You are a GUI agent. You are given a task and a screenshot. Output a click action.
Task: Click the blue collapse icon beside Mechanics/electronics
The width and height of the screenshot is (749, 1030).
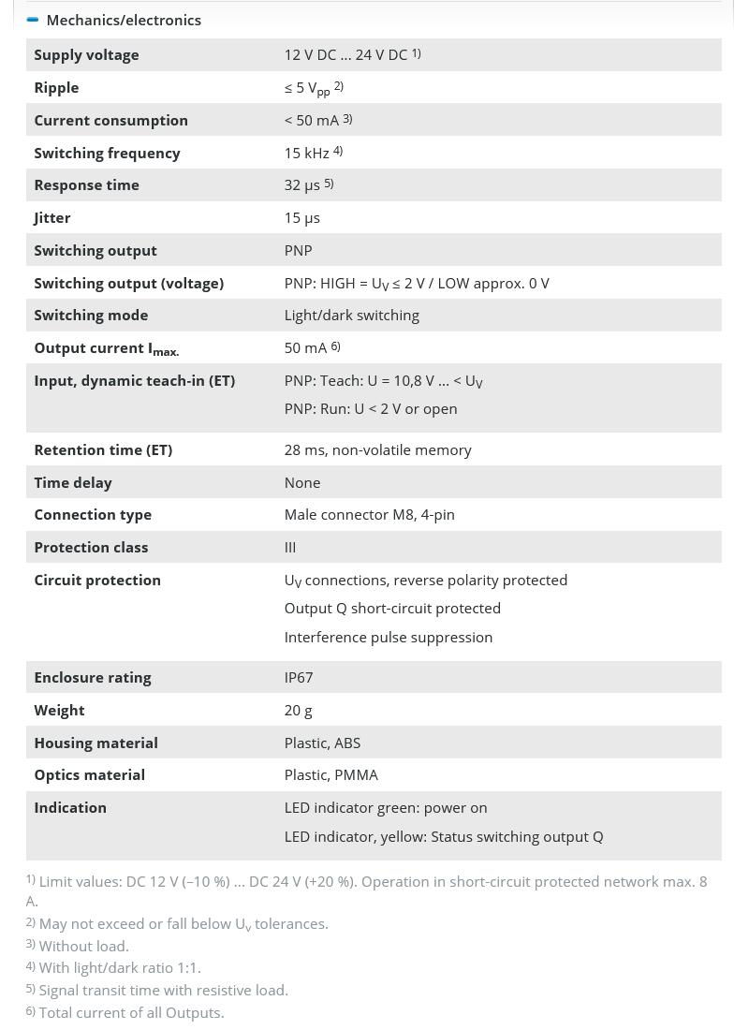33,20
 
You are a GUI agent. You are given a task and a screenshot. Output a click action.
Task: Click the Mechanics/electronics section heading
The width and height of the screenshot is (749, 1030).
124,20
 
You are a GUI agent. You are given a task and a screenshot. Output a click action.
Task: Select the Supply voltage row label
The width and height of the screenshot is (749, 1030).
86,54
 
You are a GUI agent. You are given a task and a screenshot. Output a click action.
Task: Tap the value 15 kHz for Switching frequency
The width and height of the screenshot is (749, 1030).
306,153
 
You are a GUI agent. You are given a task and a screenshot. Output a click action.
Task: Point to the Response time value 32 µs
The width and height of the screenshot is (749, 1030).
301,184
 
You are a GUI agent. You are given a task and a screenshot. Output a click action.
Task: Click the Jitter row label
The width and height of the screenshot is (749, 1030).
52,217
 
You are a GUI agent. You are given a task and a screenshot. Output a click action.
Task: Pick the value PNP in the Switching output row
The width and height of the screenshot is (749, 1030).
298,250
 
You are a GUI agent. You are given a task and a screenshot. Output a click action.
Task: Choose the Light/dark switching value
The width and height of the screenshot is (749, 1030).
351,315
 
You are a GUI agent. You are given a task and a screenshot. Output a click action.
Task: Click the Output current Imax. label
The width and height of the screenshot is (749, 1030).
106,348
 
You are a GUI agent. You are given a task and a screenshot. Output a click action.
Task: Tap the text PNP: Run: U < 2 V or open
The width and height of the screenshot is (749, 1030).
371,408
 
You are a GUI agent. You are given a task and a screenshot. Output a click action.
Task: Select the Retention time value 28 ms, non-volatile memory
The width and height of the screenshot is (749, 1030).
377,449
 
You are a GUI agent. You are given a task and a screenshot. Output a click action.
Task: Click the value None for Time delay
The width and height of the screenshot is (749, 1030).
301,482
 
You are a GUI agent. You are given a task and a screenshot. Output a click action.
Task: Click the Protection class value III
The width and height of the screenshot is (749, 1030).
290,547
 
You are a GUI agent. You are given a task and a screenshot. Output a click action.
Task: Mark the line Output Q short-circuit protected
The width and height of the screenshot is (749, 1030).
392,608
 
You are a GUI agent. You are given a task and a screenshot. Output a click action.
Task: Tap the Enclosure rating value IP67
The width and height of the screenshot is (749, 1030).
299,677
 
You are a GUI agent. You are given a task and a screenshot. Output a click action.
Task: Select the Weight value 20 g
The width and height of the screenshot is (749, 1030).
298,710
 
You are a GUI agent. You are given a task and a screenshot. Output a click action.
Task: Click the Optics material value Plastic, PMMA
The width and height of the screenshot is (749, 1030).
330,774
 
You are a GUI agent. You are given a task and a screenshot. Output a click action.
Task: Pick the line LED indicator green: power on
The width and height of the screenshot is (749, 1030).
386,807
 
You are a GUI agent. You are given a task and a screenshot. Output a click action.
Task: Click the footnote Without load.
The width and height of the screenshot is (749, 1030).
83,946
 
